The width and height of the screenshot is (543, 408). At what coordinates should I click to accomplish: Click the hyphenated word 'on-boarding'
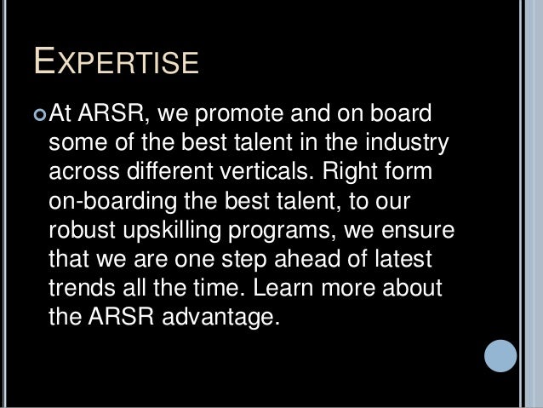(109, 203)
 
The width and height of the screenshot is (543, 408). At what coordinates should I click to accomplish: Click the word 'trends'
(81, 290)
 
